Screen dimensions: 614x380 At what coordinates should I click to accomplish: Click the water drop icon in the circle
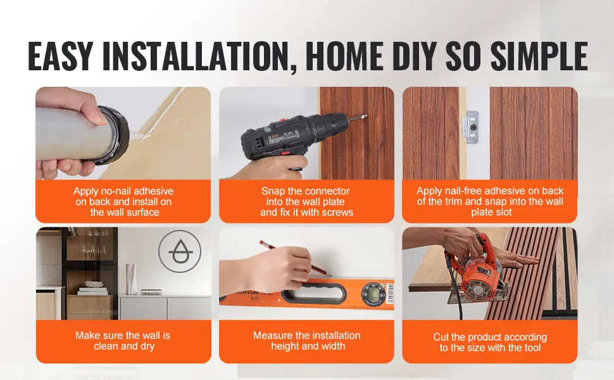point(180,251)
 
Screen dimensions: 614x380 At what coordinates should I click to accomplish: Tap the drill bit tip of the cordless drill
point(365,115)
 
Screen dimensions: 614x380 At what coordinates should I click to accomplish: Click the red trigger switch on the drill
point(285,153)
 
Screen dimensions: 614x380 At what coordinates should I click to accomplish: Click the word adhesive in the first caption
point(153,191)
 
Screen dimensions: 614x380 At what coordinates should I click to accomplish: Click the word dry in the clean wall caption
point(147,346)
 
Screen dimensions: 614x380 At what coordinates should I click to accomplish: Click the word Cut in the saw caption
point(441,338)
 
